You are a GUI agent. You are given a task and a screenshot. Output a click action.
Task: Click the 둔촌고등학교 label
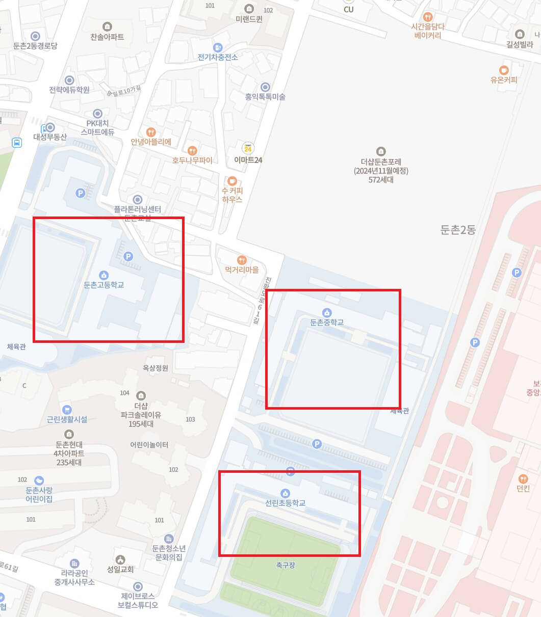click(104, 285)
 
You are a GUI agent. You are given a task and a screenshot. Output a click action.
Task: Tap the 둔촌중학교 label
click(327, 322)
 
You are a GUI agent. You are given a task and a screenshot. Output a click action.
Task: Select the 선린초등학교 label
click(285, 503)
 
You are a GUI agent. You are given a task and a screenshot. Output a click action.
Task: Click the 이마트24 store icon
click(248, 148)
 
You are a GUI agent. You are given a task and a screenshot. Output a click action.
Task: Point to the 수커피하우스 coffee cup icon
click(232, 181)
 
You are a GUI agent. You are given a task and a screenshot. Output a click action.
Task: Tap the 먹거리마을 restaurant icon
click(242, 260)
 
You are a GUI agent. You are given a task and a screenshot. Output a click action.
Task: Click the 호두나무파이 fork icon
click(192, 151)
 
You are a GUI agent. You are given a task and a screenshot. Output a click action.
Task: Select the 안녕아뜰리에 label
click(151, 142)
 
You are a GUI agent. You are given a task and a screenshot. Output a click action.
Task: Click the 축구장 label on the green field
click(286, 565)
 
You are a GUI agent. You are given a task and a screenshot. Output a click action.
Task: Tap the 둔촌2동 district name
click(458, 230)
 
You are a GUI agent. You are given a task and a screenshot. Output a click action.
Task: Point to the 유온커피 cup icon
click(504, 70)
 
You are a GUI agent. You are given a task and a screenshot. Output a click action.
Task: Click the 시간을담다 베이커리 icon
click(428, 16)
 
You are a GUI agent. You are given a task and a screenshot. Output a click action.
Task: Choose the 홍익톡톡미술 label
click(265, 97)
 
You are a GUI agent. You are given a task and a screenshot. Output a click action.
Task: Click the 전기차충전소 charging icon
click(218, 47)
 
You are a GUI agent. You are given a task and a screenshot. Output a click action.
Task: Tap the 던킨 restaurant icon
click(523, 479)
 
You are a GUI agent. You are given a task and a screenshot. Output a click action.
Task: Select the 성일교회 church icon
click(120, 560)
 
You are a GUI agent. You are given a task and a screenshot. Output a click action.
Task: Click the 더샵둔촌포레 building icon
click(381, 151)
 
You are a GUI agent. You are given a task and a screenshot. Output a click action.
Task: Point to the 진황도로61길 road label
click(262, 301)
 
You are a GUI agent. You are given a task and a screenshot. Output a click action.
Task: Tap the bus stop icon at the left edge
click(17, 143)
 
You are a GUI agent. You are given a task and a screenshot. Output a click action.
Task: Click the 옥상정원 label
click(156, 368)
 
